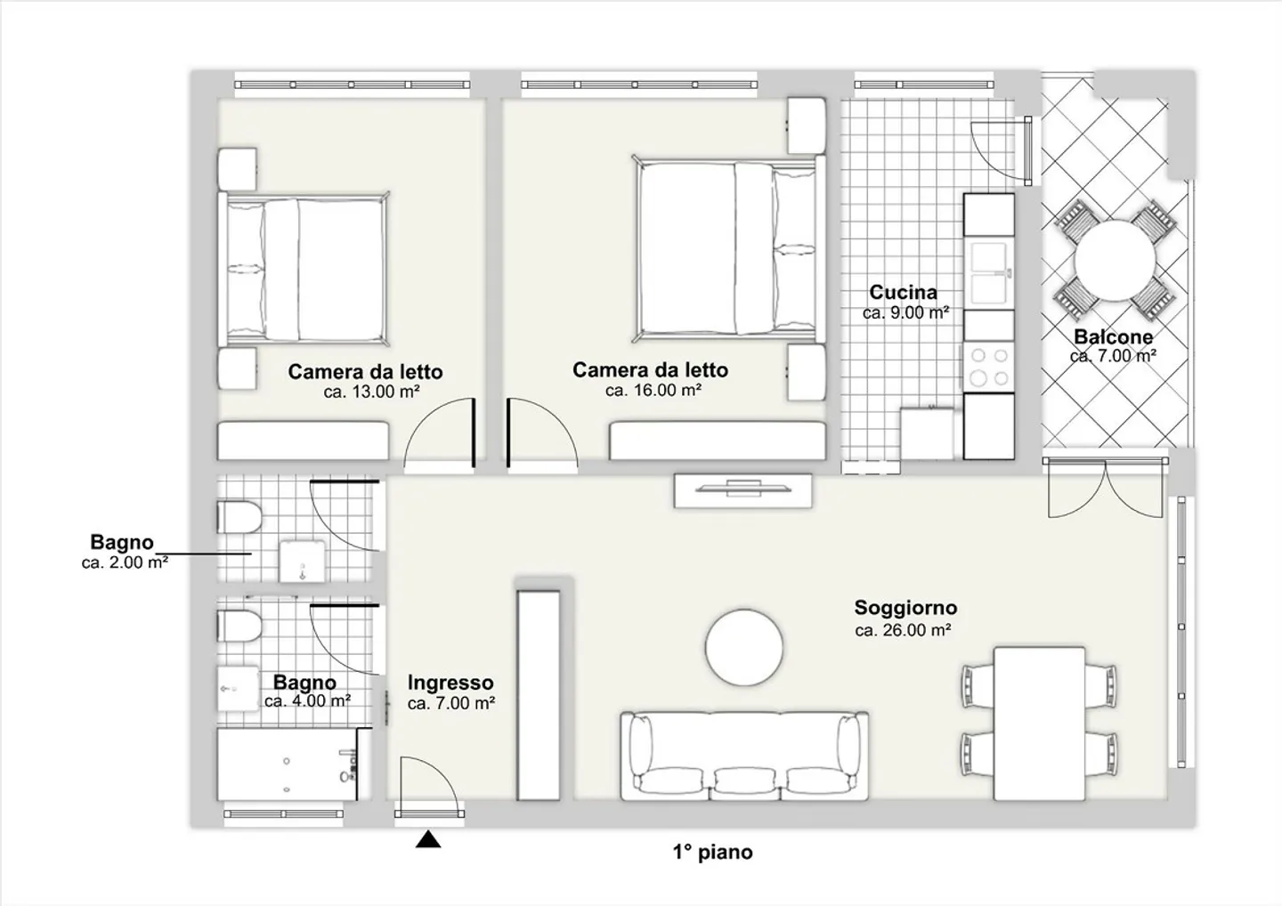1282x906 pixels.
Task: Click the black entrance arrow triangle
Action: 428,839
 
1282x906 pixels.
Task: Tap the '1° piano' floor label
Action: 712,853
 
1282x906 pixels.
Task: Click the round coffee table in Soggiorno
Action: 744,648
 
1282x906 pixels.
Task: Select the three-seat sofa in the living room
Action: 744,756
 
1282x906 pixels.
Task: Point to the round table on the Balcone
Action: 1115,261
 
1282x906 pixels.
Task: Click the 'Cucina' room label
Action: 903,292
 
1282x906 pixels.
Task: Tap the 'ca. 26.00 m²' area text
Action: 903,630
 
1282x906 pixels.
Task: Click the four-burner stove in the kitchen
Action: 989,367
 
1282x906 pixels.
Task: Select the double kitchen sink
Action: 989,273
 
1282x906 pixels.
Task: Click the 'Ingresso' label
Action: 450,683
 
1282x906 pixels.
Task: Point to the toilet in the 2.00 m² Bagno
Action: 239,517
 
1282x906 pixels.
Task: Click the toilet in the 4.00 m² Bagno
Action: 239,626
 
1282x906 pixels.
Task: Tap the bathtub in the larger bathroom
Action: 288,764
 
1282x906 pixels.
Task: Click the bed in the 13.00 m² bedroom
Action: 304,269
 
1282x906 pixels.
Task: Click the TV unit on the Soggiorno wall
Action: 742,490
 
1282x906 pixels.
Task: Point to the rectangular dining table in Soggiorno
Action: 1039,724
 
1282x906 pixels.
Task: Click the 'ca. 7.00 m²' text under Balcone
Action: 1113,356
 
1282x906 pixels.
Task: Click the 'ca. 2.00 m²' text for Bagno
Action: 125,562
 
